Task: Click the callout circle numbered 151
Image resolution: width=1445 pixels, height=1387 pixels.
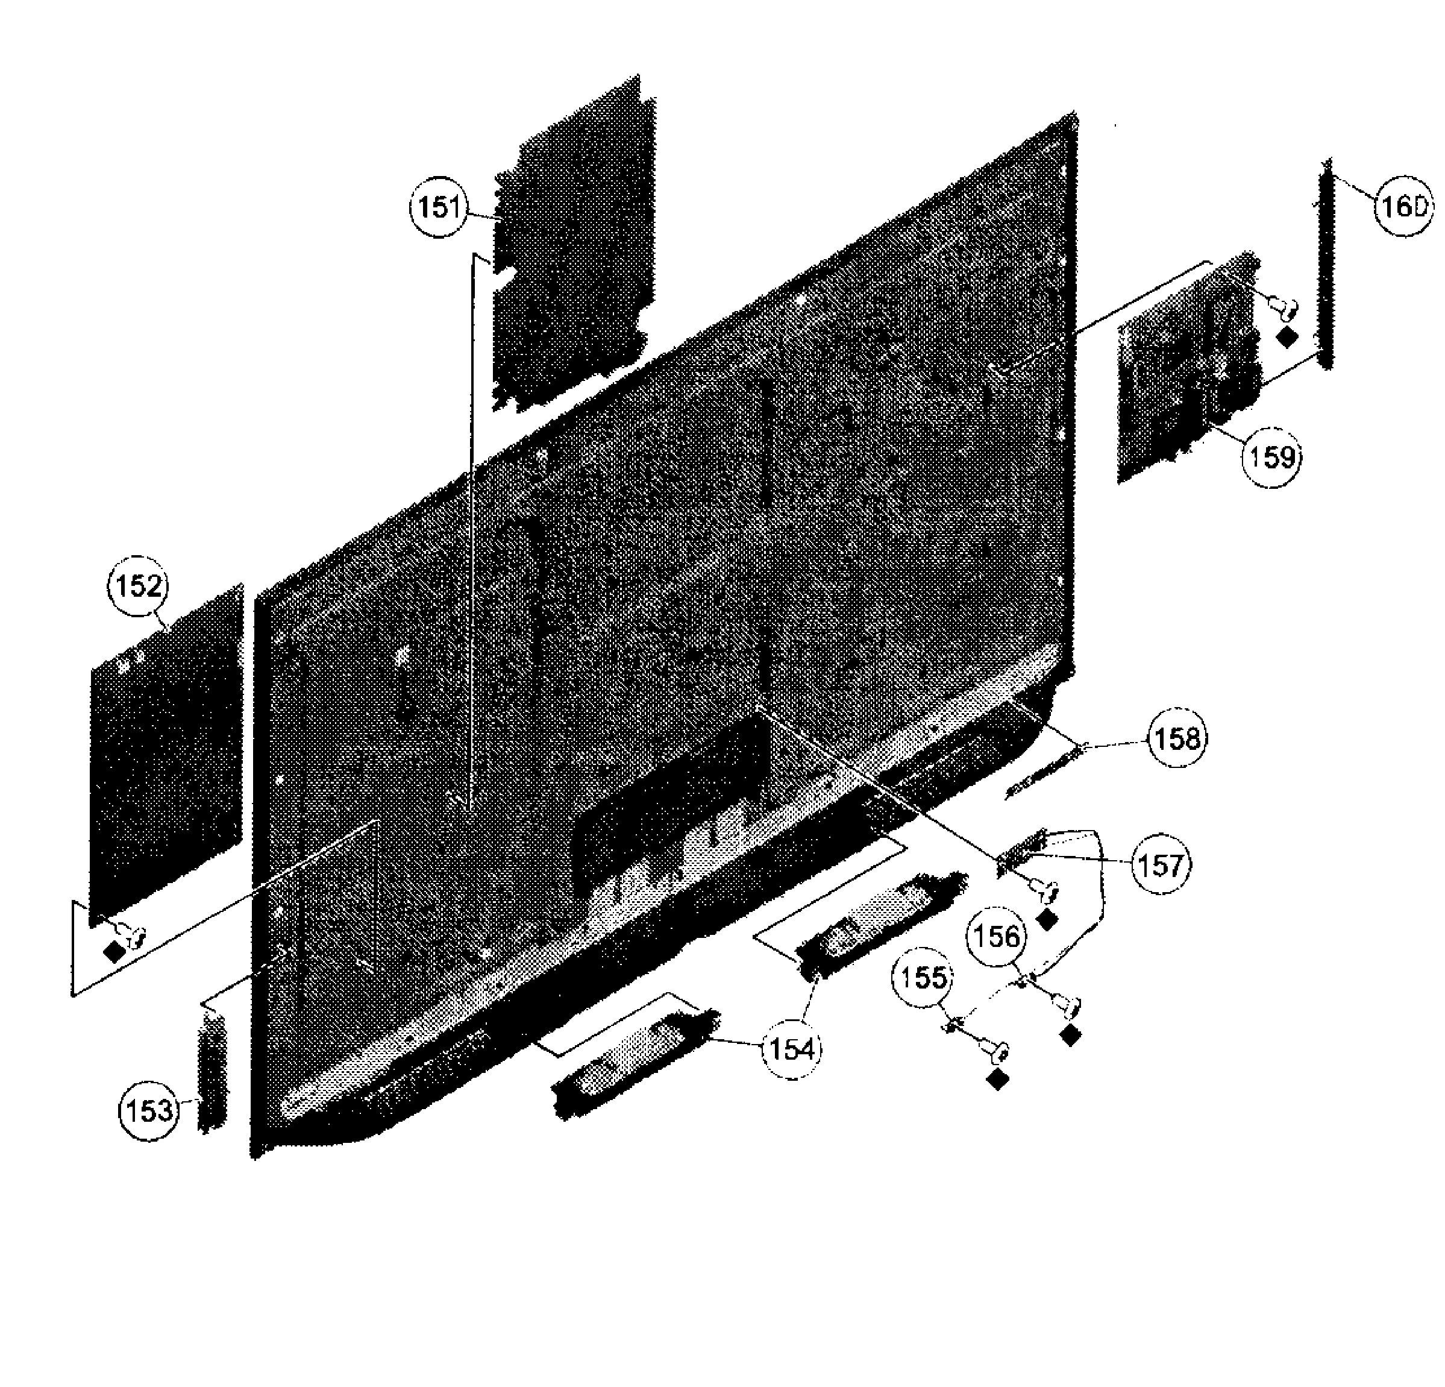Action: click(439, 209)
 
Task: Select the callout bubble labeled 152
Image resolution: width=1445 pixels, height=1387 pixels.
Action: click(138, 587)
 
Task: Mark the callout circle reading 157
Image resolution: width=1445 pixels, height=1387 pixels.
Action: click(1161, 864)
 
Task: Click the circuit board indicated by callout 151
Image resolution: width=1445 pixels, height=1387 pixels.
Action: click(574, 244)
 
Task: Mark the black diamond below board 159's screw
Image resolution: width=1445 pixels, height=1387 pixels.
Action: click(1287, 338)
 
